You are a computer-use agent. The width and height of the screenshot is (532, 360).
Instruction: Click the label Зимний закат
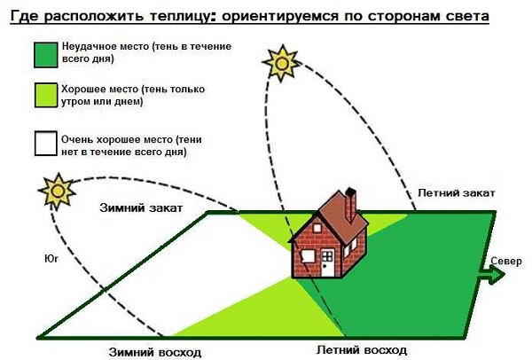139,208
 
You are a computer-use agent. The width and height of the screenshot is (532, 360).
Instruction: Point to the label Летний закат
450,192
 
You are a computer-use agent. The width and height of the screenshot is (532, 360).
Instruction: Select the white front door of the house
327,263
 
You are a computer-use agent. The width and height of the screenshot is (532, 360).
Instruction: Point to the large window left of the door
306,257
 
